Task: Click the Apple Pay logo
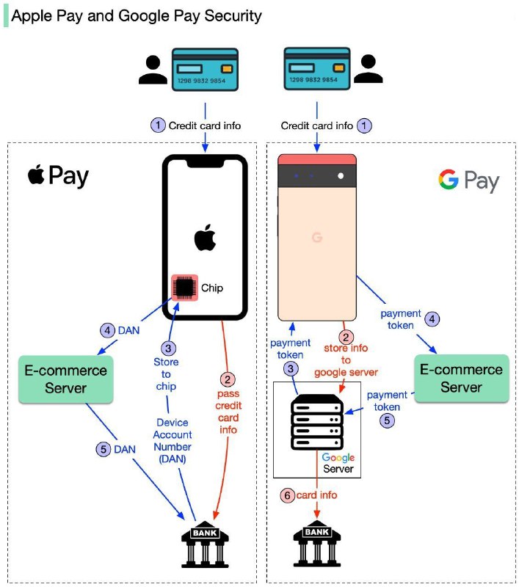click(x=58, y=176)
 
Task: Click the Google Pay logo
click(x=469, y=181)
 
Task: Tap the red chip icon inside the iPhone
click(x=184, y=288)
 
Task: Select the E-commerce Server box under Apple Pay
click(x=66, y=379)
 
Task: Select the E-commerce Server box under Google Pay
click(x=461, y=378)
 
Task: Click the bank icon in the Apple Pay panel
click(x=205, y=544)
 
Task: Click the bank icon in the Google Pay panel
click(x=317, y=543)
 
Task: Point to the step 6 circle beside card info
click(x=287, y=495)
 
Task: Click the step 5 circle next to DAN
click(x=104, y=449)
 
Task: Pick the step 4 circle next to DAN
click(x=107, y=331)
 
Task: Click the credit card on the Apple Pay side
click(x=205, y=70)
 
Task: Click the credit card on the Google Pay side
click(x=317, y=68)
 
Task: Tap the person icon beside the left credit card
click(x=153, y=70)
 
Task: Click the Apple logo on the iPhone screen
click(x=206, y=237)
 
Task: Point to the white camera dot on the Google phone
click(x=341, y=175)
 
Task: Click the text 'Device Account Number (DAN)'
click(x=173, y=441)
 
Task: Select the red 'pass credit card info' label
click(x=228, y=412)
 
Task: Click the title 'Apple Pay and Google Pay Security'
click(x=137, y=16)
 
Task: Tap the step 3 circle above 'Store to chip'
click(x=168, y=349)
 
